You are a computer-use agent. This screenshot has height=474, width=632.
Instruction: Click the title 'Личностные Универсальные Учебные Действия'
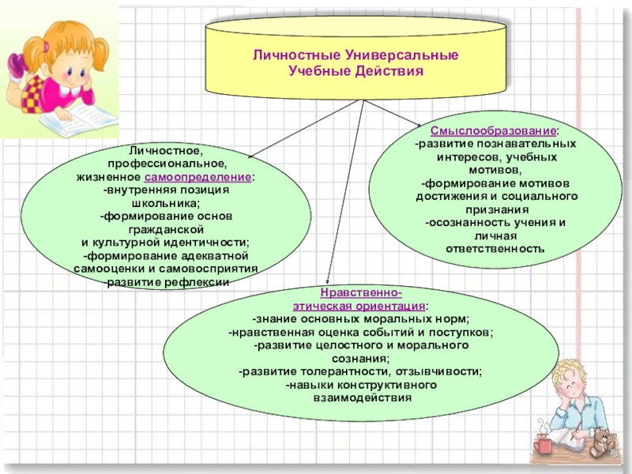355,64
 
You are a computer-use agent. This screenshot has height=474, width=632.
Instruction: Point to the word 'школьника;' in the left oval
166,203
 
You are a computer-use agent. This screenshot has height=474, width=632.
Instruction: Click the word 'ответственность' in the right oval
495,248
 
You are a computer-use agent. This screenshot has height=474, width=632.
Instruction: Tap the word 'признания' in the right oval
496,209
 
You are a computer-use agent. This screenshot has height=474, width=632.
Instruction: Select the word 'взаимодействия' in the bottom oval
361,398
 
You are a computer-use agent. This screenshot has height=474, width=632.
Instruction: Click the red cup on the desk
543,446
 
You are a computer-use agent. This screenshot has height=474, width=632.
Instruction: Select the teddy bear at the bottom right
602,443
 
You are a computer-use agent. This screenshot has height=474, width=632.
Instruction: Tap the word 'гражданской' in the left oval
166,229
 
